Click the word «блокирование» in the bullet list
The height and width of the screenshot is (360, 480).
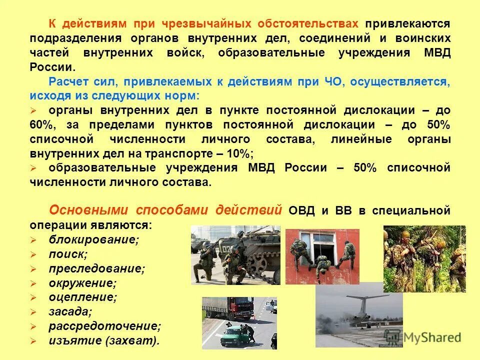click(x=93, y=239)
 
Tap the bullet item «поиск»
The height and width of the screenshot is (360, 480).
click(x=67, y=254)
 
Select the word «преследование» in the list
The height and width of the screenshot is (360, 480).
click(x=96, y=268)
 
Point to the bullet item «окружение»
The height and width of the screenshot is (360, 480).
click(x=82, y=283)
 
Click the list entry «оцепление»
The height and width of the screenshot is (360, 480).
click(x=82, y=297)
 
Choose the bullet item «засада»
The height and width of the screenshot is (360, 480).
click(x=70, y=312)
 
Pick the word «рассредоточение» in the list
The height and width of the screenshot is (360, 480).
click(x=104, y=326)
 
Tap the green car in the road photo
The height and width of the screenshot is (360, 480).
click(x=230, y=332)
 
